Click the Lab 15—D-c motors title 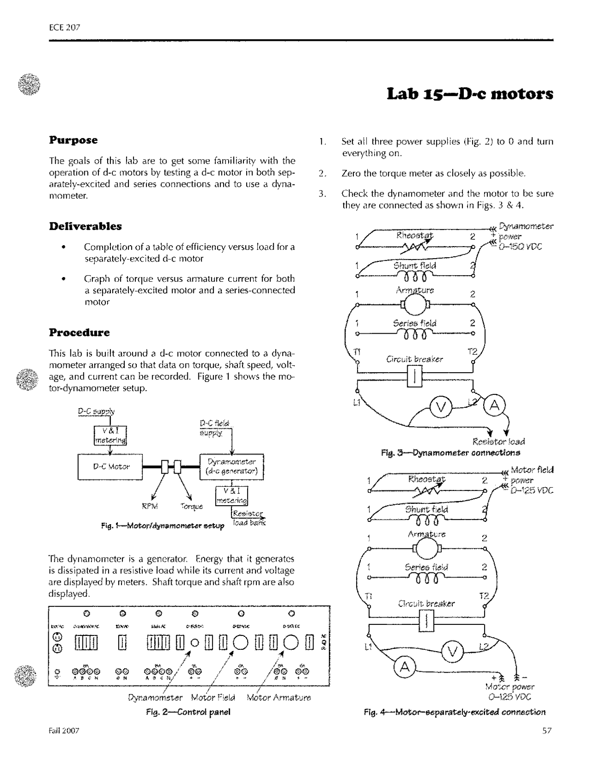pyautogui.click(x=469, y=93)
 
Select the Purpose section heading pyautogui.click(x=73, y=140)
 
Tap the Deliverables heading pyautogui.click(x=85, y=226)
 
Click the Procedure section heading pyautogui.click(x=79, y=332)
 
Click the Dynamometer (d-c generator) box pyautogui.click(x=232, y=467)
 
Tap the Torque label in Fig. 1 pyautogui.click(x=192, y=507)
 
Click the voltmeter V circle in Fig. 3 pyautogui.click(x=440, y=407)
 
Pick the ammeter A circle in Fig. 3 pyautogui.click(x=495, y=405)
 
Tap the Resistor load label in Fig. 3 pyautogui.click(x=499, y=442)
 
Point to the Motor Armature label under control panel pyautogui.click(x=279, y=698)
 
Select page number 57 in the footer pyautogui.click(x=546, y=731)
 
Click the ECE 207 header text pyautogui.click(x=64, y=27)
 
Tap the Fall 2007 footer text pyautogui.click(x=64, y=731)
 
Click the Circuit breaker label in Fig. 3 pyautogui.click(x=415, y=359)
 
